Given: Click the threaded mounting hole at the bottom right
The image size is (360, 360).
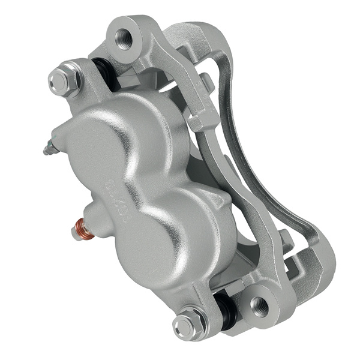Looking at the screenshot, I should (x=262, y=306).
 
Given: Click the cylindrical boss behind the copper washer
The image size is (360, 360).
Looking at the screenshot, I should (x=96, y=219).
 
